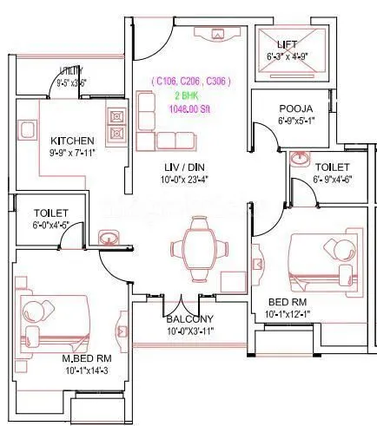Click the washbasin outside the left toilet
click(x=108, y=237)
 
